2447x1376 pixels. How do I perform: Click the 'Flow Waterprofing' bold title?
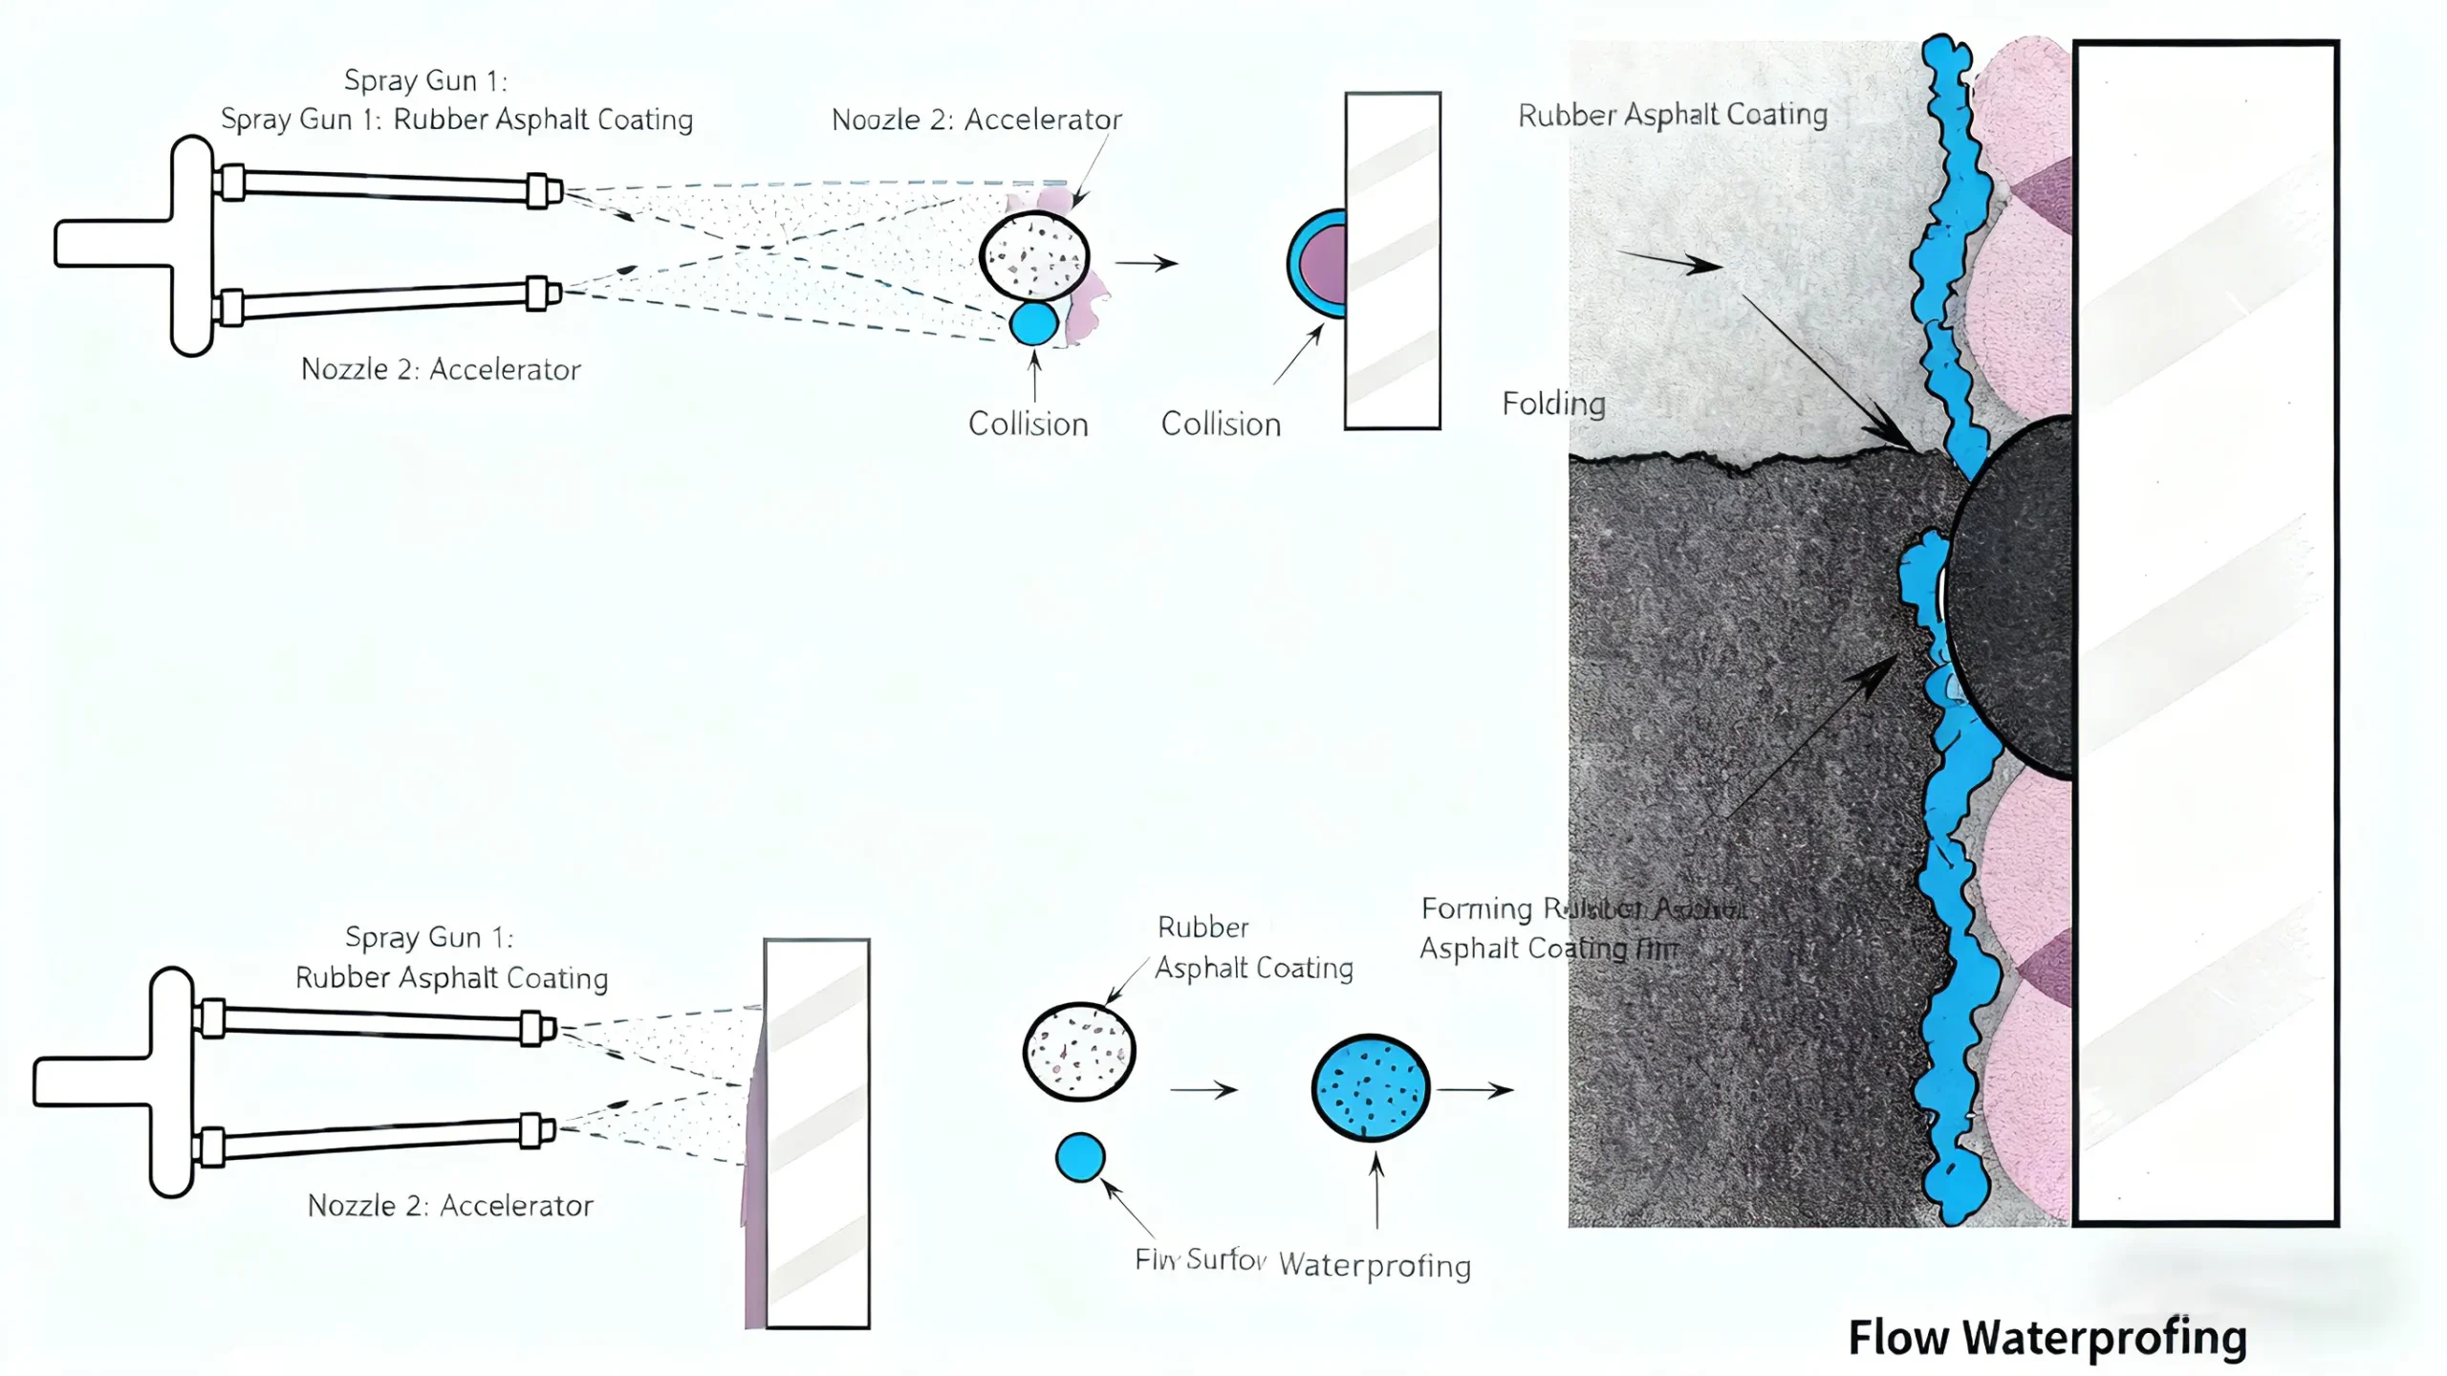click(2046, 1337)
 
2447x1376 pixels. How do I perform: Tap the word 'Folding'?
click(1553, 404)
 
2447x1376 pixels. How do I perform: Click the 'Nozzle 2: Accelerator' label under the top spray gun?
click(441, 369)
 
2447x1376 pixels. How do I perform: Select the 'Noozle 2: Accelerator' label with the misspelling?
click(976, 120)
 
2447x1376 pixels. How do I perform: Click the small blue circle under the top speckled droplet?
click(1033, 323)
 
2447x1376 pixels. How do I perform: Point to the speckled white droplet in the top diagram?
click(1034, 256)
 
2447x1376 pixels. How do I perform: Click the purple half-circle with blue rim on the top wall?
click(1320, 263)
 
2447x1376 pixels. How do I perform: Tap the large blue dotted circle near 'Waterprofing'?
click(1371, 1088)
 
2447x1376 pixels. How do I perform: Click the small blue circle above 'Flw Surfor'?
click(1080, 1157)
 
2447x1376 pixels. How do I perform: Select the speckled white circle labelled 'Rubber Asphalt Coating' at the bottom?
click(1079, 1051)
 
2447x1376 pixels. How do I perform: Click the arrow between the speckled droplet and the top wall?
click(1146, 263)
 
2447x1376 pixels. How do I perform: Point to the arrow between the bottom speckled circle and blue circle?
click(1203, 1089)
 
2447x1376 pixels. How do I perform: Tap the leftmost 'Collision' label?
click(1028, 424)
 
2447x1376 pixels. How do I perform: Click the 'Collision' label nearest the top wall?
click(1221, 424)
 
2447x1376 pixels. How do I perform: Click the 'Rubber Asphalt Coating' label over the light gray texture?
click(1673, 115)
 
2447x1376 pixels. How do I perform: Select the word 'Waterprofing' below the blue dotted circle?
click(1375, 1265)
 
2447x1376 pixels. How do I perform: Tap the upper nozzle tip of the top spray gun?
click(544, 190)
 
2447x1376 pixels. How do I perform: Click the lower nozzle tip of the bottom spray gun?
click(537, 1131)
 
